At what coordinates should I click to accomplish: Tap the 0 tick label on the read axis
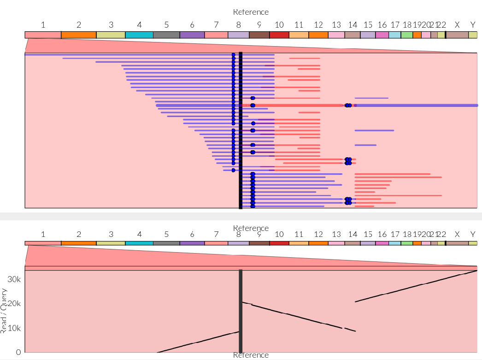click(x=18, y=352)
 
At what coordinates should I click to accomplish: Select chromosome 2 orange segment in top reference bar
click(x=78, y=35)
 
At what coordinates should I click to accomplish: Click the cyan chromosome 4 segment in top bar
click(x=139, y=35)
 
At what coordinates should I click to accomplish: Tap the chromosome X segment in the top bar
click(x=457, y=35)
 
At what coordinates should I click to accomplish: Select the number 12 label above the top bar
click(x=318, y=25)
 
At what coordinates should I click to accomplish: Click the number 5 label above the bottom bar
click(x=166, y=234)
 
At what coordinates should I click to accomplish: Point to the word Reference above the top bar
click(x=251, y=12)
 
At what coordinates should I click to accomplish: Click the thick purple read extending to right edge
click(x=415, y=106)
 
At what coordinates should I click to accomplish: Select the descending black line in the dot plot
click(x=295, y=316)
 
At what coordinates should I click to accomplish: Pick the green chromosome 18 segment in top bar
click(x=407, y=35)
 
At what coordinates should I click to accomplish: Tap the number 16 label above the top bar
click(x=382, y=25)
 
